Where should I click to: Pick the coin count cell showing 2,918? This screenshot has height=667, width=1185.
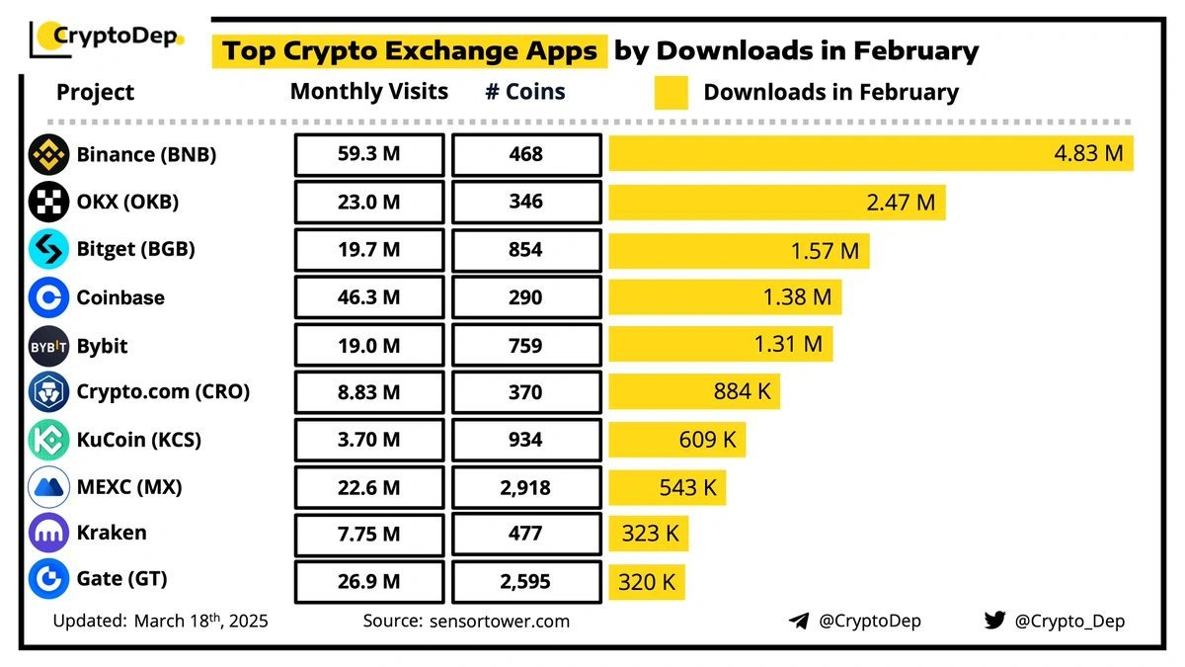pos(526,487)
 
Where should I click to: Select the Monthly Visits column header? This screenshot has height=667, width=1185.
pos(369,92)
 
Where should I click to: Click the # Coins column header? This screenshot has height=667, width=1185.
pos(525,92)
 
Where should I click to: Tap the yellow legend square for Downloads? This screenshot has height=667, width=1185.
pos(671,93)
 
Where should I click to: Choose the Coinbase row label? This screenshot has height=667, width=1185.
pos(120,297)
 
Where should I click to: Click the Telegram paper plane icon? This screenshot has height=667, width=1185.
pos(799,622)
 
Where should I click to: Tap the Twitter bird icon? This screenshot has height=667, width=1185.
pos(994,622)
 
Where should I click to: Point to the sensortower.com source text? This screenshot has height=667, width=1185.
pos(500,622)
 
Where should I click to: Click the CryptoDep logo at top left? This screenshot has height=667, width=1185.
pos(107,38)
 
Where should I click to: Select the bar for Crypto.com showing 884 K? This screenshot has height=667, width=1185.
pos(694,392)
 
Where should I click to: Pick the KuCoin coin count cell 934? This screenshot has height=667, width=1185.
pos(526,440)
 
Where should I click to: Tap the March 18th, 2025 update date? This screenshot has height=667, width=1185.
pos(201,622)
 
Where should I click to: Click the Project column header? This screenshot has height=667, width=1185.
pos(95,93)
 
